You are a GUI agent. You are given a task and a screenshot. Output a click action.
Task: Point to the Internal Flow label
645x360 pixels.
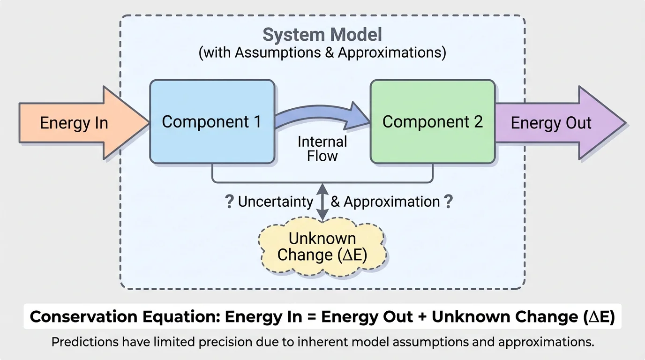[322, 149]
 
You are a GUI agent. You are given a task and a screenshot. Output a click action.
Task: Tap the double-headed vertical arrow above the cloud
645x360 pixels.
[322, 202]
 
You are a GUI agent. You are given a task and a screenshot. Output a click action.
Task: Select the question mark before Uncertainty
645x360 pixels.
[229, 202]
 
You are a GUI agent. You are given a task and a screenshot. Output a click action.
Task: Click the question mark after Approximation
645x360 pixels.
[449, 202]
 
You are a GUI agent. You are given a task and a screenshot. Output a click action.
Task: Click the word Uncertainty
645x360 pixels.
[276, 202]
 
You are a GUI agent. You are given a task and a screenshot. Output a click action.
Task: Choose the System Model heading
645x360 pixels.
[322, 35]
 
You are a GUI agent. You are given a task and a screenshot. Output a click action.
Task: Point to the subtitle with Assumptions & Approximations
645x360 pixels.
[322, 52]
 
